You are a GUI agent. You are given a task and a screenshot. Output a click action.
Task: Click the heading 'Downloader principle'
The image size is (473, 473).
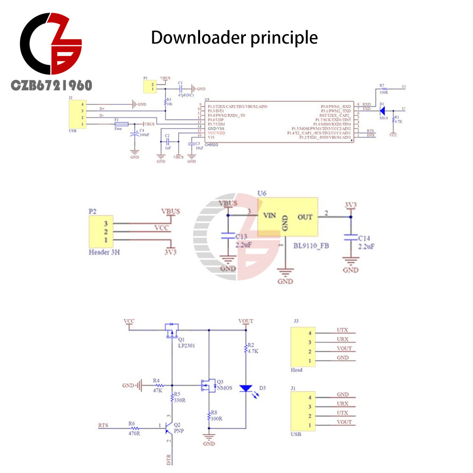(234, 37)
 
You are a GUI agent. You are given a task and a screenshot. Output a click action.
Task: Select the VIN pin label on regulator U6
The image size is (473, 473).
(269, 216)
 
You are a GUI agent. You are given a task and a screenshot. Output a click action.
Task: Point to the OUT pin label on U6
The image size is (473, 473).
(305, 217)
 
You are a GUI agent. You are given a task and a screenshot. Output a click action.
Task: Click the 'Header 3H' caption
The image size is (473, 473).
(104, 252)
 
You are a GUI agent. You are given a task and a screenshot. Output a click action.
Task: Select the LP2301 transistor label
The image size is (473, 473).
(187, 345)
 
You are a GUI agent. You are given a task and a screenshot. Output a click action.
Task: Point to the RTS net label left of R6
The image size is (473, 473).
(103, 425)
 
